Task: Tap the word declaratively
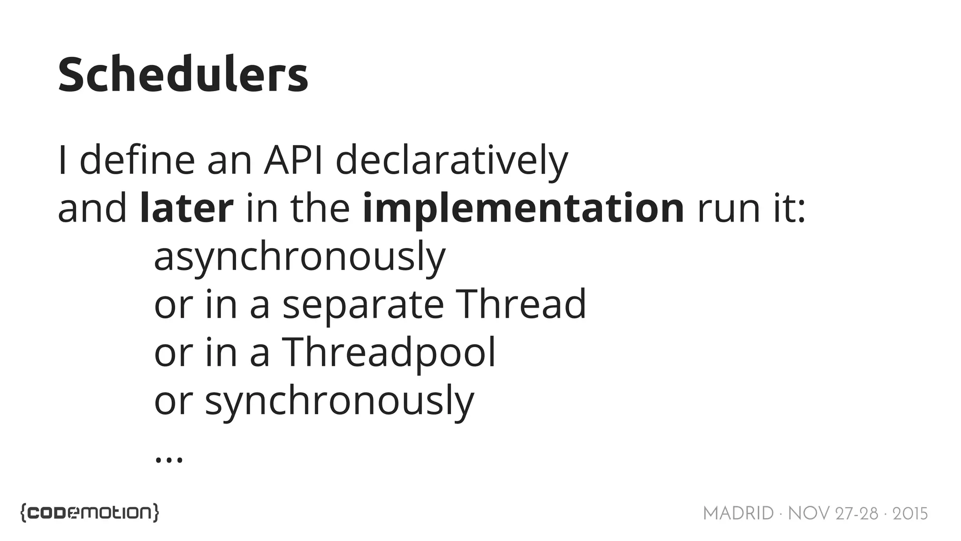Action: [451, 161]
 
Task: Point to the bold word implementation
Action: [523, 209]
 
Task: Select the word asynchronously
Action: [299, 257]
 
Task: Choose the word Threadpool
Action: [388, 353]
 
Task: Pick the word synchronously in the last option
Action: [339, 401]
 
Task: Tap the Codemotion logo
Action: [90, 512]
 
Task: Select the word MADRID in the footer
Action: [738, 514]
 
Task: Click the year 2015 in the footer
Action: [910, 514]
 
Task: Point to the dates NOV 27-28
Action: [833, 514]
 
